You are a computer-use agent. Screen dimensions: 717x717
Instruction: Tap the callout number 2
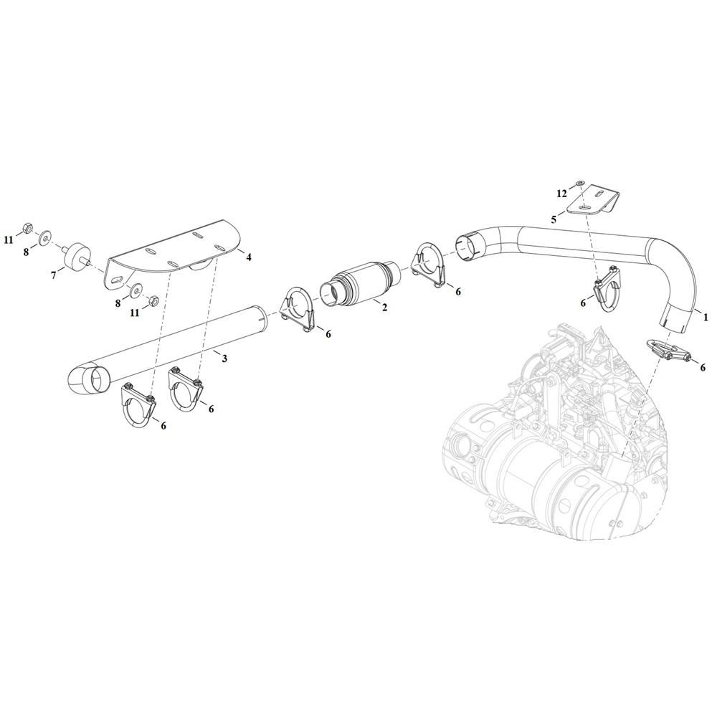point(384,308)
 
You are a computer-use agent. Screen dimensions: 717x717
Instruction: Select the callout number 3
point(224,358)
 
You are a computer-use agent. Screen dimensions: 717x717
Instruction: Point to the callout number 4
point(249,257)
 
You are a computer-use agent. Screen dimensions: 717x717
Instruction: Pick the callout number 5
point(554,219)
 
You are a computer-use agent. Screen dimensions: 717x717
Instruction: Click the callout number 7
point(54,275)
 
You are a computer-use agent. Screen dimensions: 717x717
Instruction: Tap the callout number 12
point(562,194)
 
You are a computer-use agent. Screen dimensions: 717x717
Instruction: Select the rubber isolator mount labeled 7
point(76,257)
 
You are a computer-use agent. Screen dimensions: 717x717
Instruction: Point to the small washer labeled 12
point(580,184)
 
